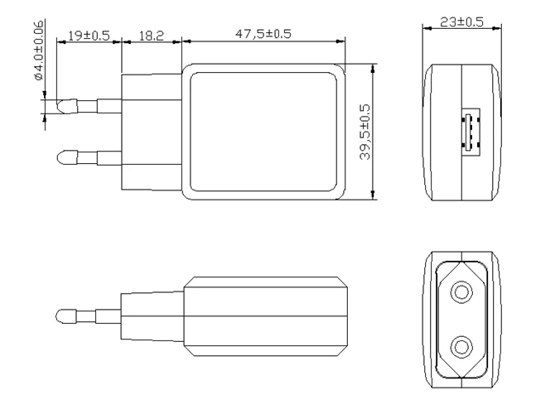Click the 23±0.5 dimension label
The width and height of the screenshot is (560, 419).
[462, 22]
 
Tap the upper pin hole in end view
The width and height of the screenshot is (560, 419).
[461, 294]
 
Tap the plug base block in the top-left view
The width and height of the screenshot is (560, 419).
[152, 131]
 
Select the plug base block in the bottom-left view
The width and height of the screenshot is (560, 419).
[152, 315]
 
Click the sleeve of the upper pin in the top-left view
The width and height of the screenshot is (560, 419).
[108, 106]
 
